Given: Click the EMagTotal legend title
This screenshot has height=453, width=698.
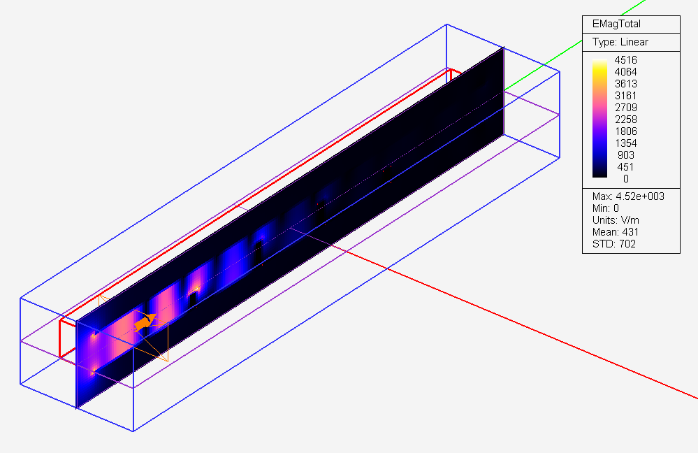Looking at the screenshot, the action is (616, 24).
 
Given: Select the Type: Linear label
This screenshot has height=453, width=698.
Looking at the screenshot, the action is (620, 42).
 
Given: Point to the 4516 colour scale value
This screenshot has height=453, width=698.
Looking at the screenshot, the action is (625, 59).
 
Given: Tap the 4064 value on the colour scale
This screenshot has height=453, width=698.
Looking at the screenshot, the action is (625, 72).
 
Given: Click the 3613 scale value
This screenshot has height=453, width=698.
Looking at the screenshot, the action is (625, 84).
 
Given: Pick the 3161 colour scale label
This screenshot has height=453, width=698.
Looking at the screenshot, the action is (625, 96).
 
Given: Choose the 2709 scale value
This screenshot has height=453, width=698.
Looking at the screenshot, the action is (625, 108).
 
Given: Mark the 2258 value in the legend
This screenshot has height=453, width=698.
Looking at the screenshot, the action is (625, 120).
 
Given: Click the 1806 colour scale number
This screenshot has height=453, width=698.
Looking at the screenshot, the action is (625, 131).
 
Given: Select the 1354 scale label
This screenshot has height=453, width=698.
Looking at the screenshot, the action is (625, 143).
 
